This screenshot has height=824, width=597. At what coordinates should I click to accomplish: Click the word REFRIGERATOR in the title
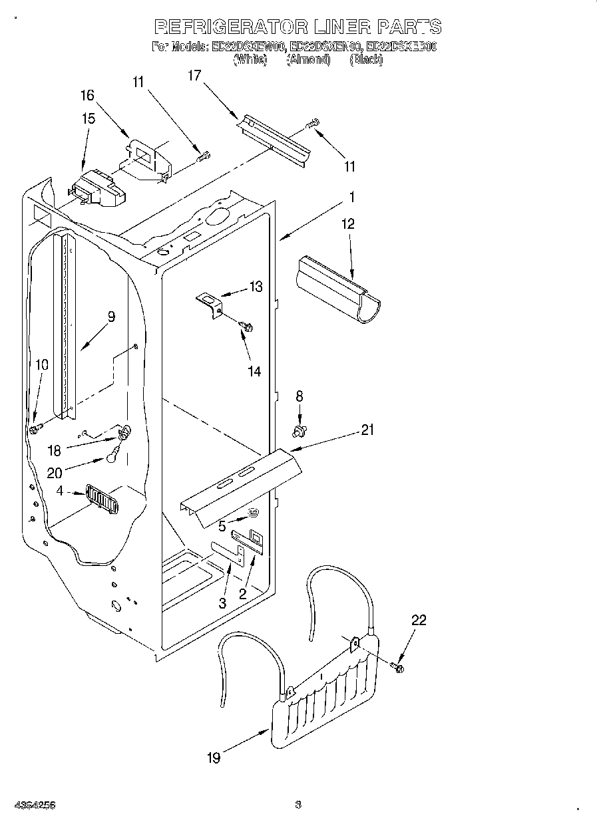click(231, 27)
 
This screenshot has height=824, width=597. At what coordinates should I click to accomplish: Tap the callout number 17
click(194, 76)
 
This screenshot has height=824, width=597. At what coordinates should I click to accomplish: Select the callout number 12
click(348, 224)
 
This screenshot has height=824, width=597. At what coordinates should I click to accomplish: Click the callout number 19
click(214, 757)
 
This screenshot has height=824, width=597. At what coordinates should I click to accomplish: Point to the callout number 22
click(419, 620)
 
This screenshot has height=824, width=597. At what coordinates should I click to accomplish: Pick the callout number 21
click(367, 430)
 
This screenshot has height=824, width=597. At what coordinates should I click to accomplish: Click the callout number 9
click(111, 317)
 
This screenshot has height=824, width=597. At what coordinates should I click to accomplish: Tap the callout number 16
click(88, 95)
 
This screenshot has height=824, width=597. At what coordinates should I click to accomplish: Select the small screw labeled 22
click(398, 666)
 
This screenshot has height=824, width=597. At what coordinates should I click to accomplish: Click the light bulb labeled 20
click(112, 458)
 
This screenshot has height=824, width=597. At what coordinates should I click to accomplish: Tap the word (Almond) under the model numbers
click(308, 60)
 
